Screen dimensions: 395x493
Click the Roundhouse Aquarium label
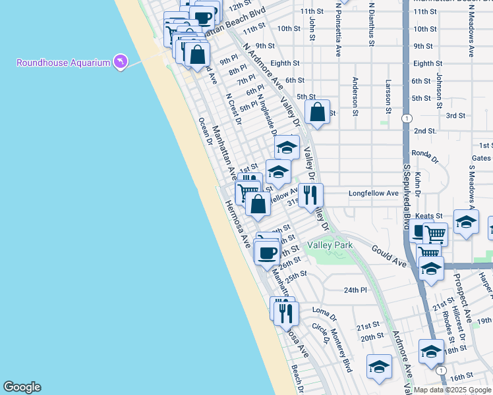63,63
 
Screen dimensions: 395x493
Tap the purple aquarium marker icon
120,63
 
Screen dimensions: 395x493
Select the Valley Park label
330,246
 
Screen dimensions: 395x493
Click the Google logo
22,387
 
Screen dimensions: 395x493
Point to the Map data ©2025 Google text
451,390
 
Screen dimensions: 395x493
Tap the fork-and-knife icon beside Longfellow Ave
310,195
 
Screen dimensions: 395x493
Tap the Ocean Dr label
204,133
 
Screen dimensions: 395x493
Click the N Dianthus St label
372,26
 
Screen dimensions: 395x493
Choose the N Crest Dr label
233,108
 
